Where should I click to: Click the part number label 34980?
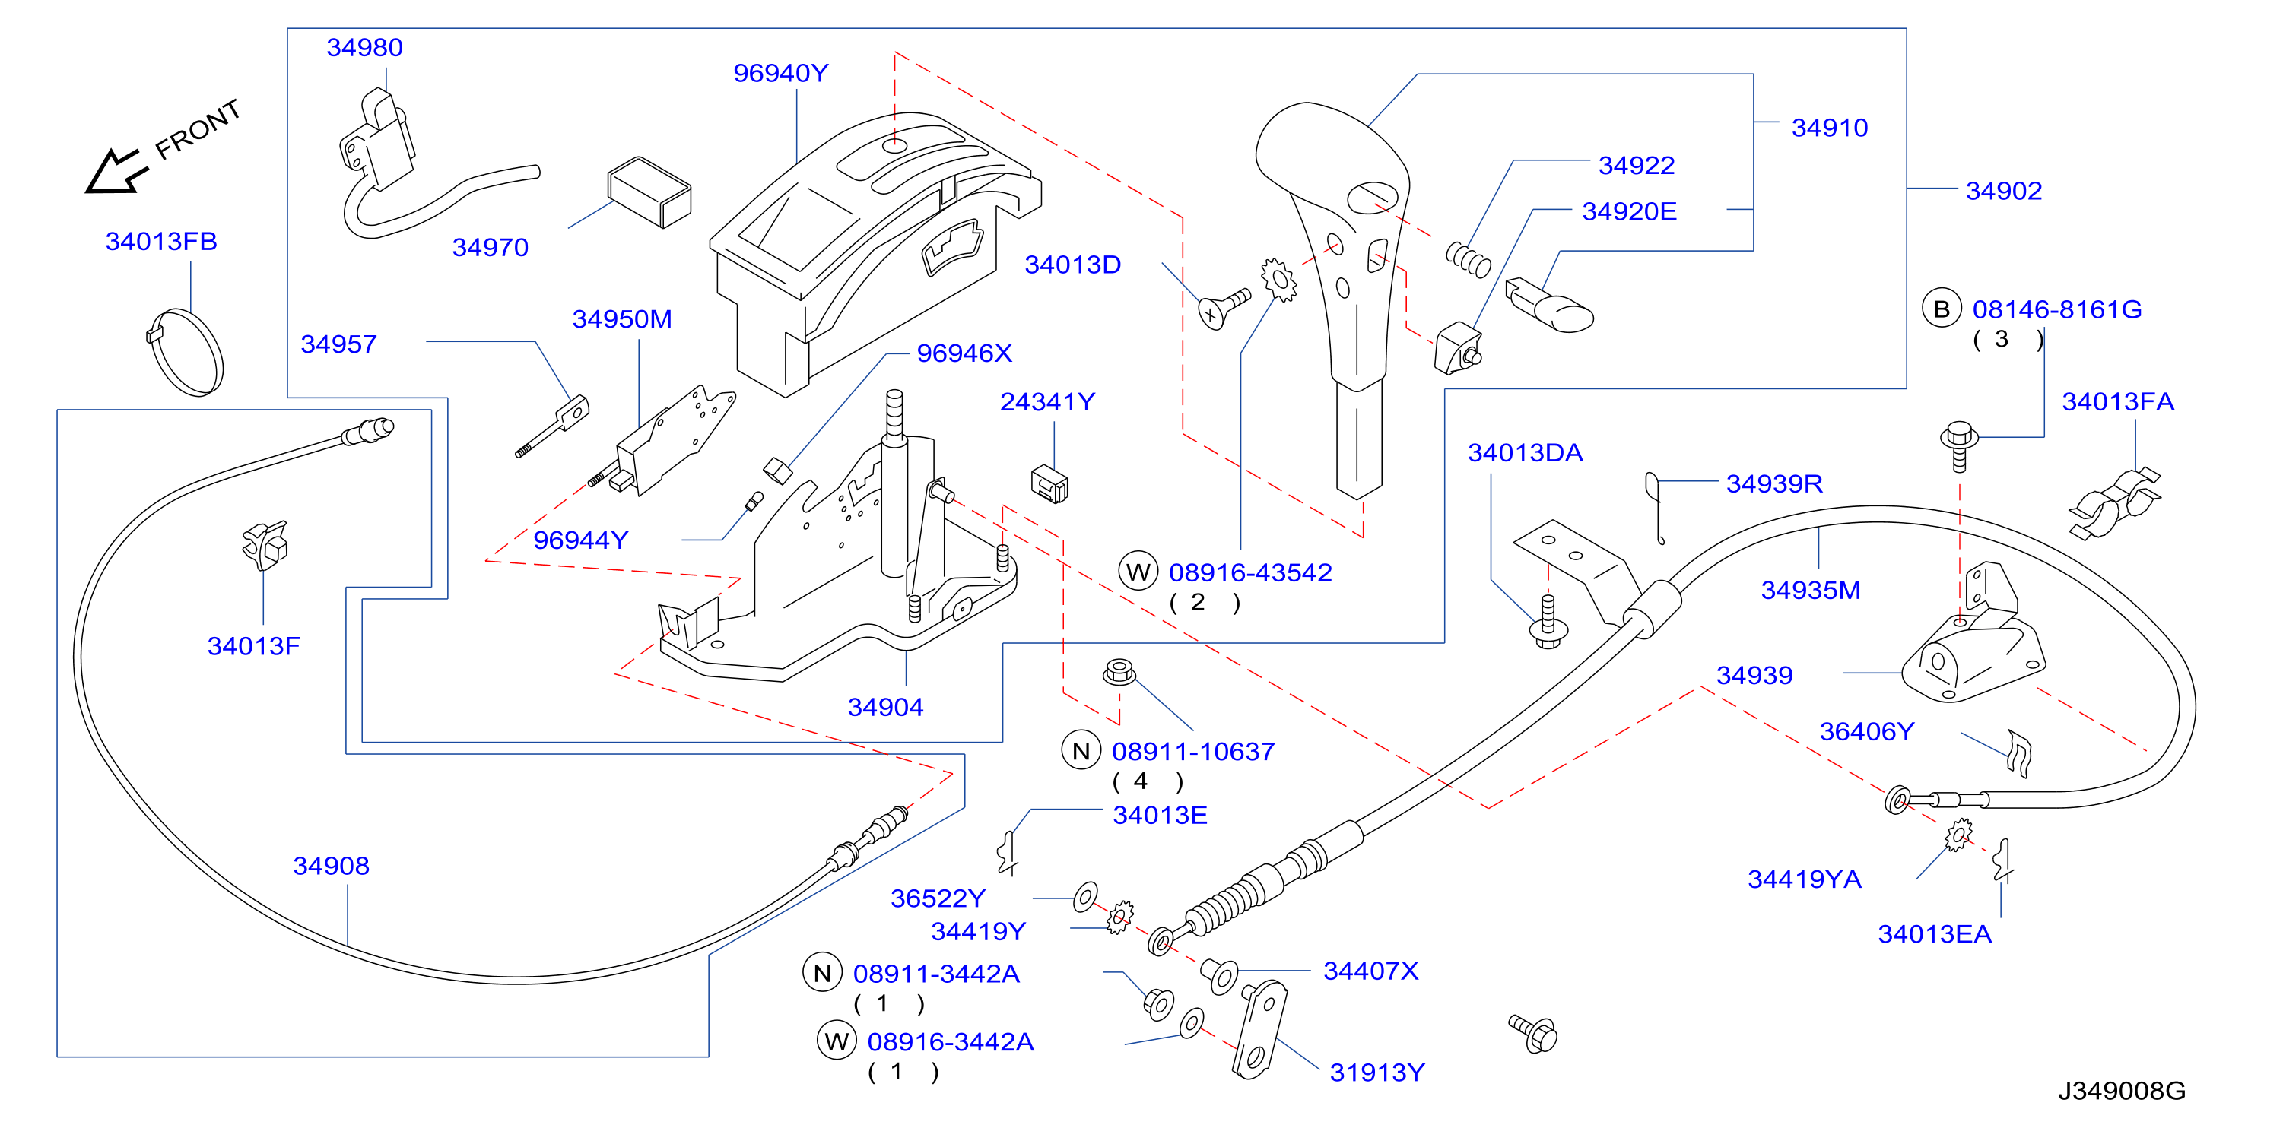pos(364,48)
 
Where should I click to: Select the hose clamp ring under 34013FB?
pos(184,352)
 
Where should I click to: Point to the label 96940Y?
pos(780,74)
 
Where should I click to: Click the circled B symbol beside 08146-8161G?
pos(1941,309)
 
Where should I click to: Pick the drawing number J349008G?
pos(2121,1091)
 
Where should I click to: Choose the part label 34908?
pos(331,866)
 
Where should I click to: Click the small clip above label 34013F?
pos(267,544)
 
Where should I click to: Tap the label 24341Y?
pos(1046,402)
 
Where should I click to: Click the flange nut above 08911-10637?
pos(1119,672)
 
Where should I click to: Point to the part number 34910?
pos(1829,128)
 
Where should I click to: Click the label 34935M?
pos(1810,590)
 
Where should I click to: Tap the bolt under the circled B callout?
pos(1960,445)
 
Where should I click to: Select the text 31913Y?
pos(1377,1073)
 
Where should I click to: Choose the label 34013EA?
pos(1934,934)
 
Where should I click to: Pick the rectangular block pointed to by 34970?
pos(649,192)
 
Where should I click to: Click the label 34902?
pos(2003,192)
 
